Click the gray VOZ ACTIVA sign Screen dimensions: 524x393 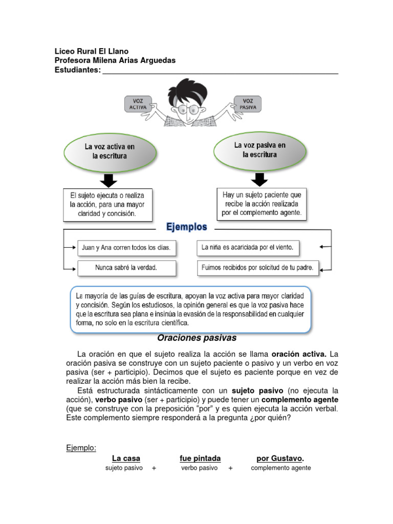138,104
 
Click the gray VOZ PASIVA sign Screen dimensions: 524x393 248,104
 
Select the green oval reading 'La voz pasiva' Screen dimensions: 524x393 259,149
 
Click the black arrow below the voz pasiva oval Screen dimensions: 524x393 259,179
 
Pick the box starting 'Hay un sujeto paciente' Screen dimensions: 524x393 262,203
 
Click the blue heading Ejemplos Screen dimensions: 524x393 186,227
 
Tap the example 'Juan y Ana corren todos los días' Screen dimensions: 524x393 126,248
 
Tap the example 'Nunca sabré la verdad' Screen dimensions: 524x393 126,268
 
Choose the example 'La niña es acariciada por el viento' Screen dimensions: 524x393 248,248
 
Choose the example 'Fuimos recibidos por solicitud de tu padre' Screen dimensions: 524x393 258,267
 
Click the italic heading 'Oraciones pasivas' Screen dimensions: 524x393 197,338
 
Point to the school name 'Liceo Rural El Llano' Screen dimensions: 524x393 92,51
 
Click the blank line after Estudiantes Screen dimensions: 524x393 220,71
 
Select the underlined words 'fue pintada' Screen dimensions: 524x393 200,458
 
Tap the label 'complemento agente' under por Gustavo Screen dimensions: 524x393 280,468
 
